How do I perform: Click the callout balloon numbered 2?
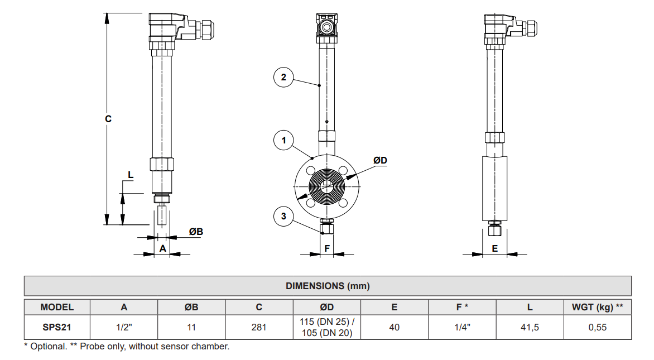tap(283, 77)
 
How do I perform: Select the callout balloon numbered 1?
tap(283, 140)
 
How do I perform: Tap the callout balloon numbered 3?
tap(283, 216)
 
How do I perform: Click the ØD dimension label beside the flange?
tap(380, 161)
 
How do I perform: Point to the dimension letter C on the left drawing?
tap(108, 119)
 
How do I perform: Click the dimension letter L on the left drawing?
tap(131, 175)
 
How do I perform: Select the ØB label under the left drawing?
tap(195, 231)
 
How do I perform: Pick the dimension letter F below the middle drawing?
tap(328, 248)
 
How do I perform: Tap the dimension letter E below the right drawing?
tap(494, 248)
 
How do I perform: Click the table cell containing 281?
tap(259, 328)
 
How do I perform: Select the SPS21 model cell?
tap(57, 328)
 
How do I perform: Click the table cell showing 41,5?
tap(530, 328)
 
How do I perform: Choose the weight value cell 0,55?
tap(597, 328)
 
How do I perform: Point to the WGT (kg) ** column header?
tap(597, 307)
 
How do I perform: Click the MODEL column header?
tap(57, 307)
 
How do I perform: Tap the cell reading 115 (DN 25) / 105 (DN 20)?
tap(327, 328)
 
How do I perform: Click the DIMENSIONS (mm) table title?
tap(328, 286)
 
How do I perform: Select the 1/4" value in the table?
tap(462, 328)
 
